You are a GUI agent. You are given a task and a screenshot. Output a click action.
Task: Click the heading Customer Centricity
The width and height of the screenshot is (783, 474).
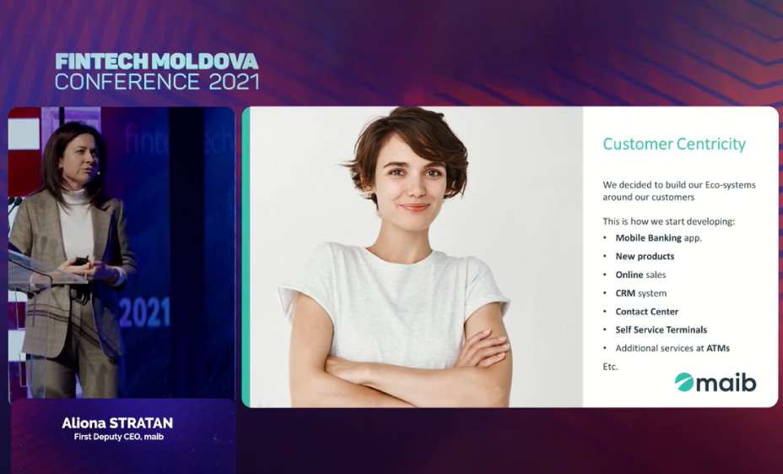pyautogui.click(x=674, y=144)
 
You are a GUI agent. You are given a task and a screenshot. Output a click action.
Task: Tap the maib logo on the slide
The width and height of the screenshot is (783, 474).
pyautogui.click(x=715, y=383)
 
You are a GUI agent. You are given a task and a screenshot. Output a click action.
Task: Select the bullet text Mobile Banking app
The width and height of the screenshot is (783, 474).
pyautogui.click(x=659, y=238)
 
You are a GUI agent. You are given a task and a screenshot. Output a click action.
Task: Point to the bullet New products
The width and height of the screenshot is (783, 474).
pyautogui.click(x=645, y=257)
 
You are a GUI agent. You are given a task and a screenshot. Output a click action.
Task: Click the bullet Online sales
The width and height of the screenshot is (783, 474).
pyautogui.click(x=640, y=275)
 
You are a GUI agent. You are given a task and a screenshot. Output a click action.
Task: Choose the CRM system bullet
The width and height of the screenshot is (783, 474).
pyautogui.click(x=641, y=293)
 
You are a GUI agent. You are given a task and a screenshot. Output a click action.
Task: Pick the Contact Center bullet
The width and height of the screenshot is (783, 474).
pyautogui.click(x=646, y=312)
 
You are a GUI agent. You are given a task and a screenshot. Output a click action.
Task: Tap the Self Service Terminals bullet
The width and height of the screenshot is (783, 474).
pyautogui.click(x=661, y=330)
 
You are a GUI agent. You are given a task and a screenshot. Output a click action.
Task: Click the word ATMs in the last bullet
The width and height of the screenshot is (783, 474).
pyautogui.click(x=718, y=348)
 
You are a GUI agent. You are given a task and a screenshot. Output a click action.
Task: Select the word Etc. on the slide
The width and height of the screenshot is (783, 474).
pyautogui.click(x=610, y=367)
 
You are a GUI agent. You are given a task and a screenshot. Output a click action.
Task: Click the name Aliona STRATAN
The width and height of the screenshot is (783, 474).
pyautogui.click(x=117, y=423)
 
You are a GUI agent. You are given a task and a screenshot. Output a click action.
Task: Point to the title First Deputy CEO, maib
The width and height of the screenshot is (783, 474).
pyautogui.click(x=119, y=437)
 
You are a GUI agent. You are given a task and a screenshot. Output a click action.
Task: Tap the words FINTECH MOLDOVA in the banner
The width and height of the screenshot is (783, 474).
pyautogui.click(x=157, y=62)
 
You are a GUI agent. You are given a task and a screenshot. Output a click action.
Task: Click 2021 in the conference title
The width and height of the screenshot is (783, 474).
pyautogui.click(x=234, y=82)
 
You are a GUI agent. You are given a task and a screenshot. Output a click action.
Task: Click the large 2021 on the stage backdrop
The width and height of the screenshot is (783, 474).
pyautogui.click(x=145, y=312)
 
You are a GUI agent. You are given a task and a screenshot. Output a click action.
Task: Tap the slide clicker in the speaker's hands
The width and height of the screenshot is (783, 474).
pyautogui.click(x=81, y=261)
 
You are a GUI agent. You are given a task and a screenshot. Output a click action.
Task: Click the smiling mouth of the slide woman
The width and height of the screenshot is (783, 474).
pyautogui.click(x=414, y=207)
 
